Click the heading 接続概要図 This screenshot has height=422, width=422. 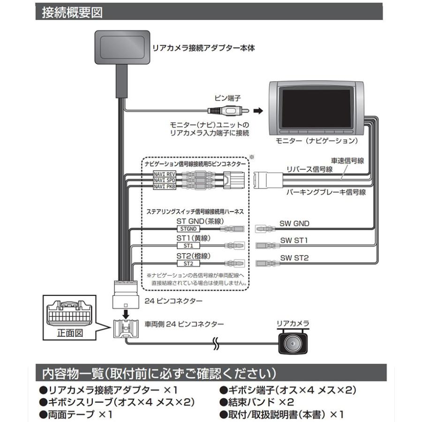point(72,12)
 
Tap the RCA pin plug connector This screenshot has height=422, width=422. point(224,111)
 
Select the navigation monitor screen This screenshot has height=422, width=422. point(316,107)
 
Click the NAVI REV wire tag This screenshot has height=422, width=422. point(164,174)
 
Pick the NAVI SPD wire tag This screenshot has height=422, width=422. point(164,180)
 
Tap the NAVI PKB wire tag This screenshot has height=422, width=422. point(164,186)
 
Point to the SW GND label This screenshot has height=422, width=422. point(294,224)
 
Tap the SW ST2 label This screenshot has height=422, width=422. point(294,258)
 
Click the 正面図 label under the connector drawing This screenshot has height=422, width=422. point(70,333)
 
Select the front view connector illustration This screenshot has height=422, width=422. point(70,313)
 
